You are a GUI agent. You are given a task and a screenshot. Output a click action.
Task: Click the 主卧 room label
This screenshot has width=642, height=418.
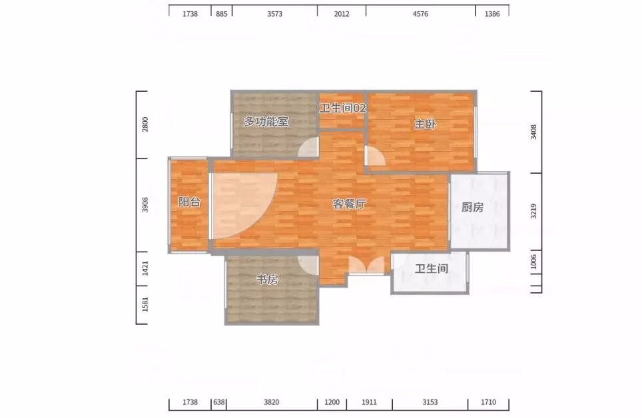click(x=426, y=124)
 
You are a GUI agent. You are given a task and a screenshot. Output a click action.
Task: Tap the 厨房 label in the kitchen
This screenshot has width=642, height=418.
click(x=472, y=207)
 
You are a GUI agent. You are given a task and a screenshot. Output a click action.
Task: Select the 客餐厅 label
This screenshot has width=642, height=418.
click(x=349, y=204)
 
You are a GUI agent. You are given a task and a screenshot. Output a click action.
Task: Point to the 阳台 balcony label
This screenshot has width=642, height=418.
click(x=190, y=202)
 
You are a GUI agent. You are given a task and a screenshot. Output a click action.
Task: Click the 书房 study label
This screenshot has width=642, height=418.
click(x=267, y=279)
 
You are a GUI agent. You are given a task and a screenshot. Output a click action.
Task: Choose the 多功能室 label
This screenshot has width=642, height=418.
click(x=266, y=122)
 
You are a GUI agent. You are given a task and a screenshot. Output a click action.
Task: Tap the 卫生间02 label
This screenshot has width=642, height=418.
click(x=343, y=108)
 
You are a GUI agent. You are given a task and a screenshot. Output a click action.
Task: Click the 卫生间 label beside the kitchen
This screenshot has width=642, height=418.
click(x=432, y=268)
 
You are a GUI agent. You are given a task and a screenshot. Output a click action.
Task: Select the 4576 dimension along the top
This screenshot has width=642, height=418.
click(x=420, y=14)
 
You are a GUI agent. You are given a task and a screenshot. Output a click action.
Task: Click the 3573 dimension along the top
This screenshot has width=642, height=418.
click(x=275, y=14)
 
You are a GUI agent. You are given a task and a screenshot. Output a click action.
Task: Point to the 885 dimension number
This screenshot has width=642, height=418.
click(x=222, y=14)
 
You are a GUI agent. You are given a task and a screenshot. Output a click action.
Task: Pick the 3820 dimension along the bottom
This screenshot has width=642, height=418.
click(x=272, y=402)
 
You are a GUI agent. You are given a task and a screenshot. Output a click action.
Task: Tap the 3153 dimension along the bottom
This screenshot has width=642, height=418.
click(x=430, y=402)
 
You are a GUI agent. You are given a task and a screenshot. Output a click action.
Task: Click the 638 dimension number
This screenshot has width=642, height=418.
click(x=219, y=402)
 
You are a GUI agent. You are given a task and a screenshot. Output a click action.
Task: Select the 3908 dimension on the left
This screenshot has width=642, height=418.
click(x=145, y=205)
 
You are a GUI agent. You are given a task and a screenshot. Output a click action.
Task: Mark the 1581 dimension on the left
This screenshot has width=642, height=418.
click(x=145, y=304)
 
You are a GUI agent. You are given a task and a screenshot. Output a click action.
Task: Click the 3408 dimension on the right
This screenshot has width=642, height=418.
click(x=533, y=132)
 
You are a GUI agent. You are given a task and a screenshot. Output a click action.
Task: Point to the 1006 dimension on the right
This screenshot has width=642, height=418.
click(x=533, y=262)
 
